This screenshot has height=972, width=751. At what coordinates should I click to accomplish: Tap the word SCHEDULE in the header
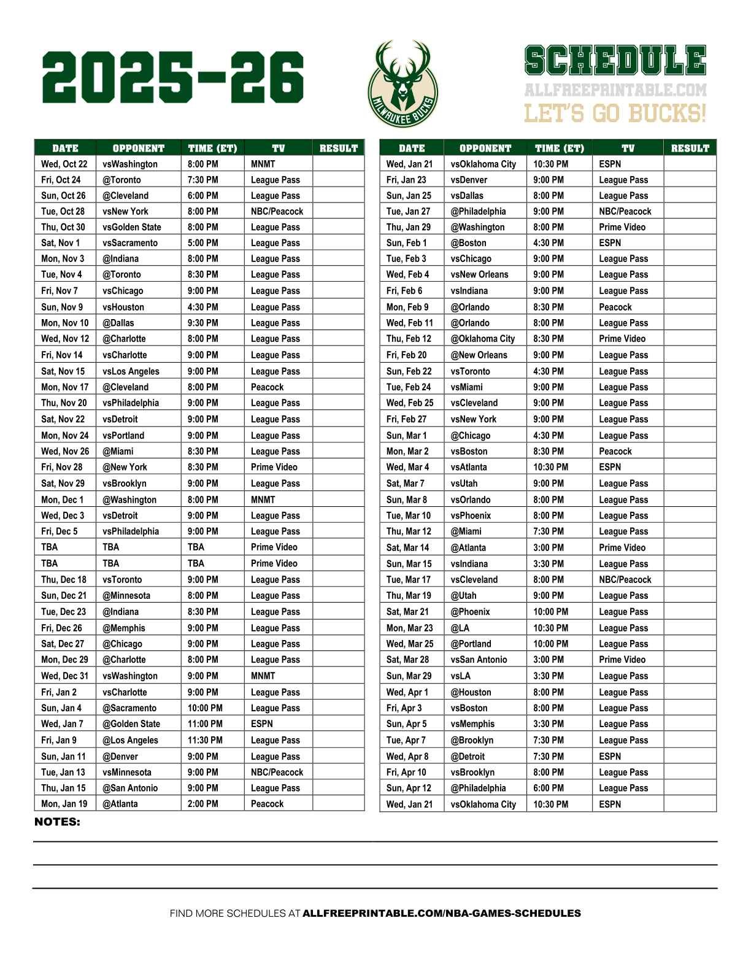(615, 61)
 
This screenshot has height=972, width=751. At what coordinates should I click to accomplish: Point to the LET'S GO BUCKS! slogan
(615, 114)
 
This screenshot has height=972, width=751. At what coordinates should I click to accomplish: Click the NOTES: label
(57, 822)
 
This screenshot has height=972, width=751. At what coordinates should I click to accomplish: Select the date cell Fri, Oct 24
(61, 180)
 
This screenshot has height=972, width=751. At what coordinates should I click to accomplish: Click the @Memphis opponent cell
(124, 628)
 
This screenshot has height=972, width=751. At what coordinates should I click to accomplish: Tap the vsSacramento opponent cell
(130, 243)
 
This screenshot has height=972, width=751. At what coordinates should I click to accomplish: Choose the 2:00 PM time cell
(202, 804)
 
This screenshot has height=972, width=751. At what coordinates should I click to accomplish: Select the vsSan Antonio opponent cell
(479, 660)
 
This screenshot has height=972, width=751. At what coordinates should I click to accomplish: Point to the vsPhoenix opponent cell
(471, 515)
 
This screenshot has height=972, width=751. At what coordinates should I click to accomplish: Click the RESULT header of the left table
(338, 148)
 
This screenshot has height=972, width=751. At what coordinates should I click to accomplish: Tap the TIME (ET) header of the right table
(559, 148)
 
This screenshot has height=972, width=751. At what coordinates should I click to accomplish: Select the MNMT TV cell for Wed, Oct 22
(263, 164)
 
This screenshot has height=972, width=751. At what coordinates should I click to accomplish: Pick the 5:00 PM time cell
(202, 243)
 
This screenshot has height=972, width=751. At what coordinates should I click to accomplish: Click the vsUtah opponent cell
(464, 484)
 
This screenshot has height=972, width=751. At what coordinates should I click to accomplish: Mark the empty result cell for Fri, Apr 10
(689, 772)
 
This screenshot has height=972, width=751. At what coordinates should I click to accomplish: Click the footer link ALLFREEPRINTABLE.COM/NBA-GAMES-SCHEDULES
(442, 913)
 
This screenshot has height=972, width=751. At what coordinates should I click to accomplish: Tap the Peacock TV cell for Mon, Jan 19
(268, 804)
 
